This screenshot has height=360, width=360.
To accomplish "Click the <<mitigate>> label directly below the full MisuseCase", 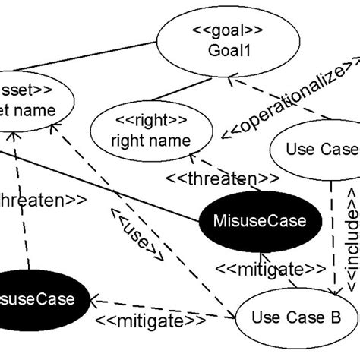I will pos(261,269).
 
